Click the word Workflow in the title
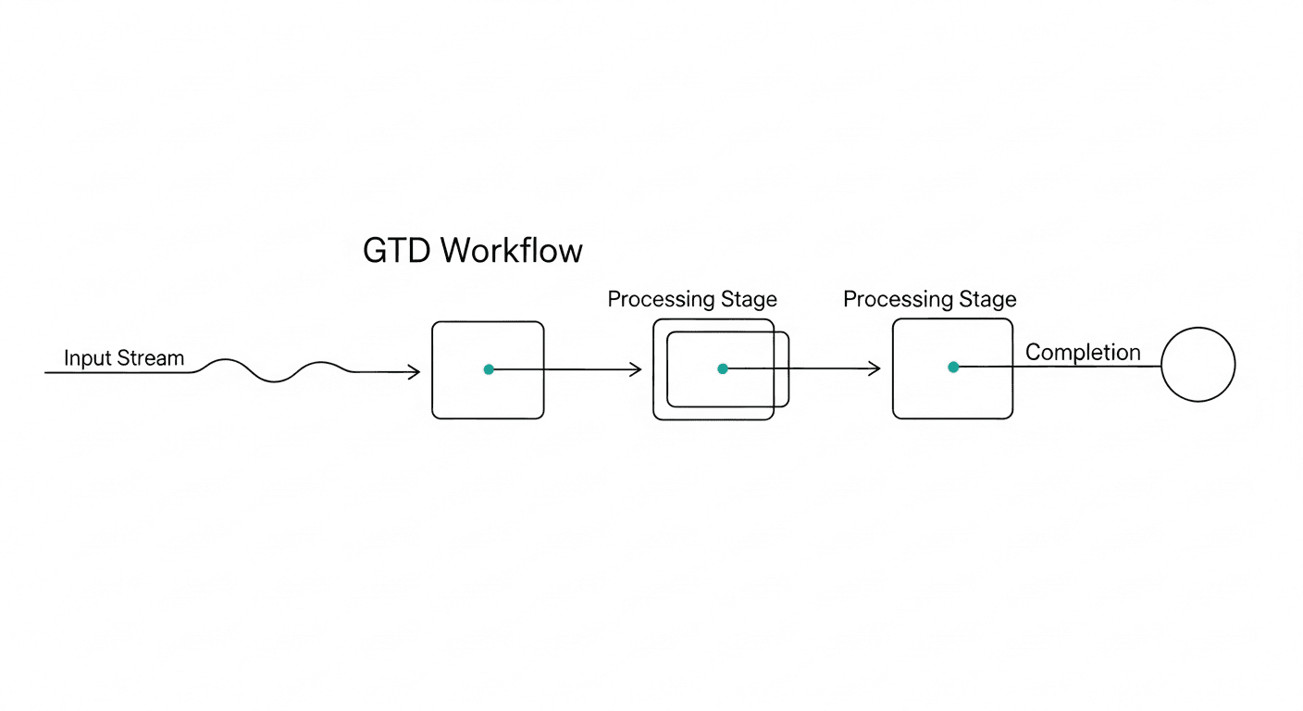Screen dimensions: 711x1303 [x=511, y=251]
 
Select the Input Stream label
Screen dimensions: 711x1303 [x=124, y=358]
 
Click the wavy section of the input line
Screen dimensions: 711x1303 [x=274, y=371]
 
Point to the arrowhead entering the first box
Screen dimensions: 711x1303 [x=415, y=372]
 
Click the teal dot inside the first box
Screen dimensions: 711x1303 [x=489, y=369]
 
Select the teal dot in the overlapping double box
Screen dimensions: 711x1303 [x=723, y=368]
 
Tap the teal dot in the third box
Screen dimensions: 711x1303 [x=953, y=368]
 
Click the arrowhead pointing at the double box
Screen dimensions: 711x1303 [x=636, y=370]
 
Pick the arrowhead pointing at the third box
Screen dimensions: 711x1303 [x=875, y=369]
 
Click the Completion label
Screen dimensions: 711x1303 [x=1083, y=353]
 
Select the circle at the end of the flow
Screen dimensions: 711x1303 [x=1198, y=365]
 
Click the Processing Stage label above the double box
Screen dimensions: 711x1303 [x=692, y=300]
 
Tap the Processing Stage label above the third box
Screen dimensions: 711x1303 [x=929, y=300]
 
